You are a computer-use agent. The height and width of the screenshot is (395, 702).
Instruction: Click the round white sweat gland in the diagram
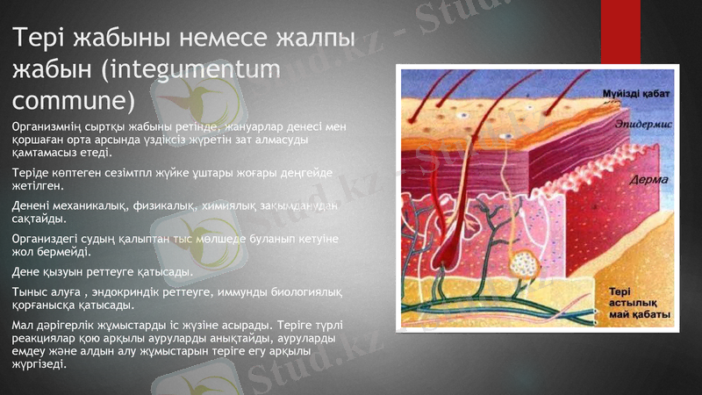[x=528, y=262]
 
